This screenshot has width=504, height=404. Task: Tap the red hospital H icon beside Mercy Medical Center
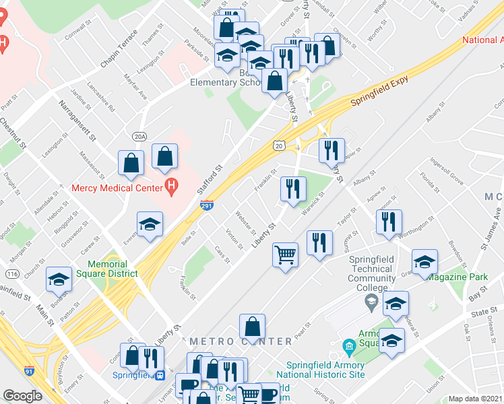pyautogui.click(x=172, y=187)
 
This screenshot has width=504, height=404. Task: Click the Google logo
pyautogui.click(x=22, y=396)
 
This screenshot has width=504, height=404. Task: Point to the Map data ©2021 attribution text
pyautogui.click(x=475, y=399)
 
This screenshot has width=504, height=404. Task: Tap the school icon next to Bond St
pyautogui.click(x=59, y=279)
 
